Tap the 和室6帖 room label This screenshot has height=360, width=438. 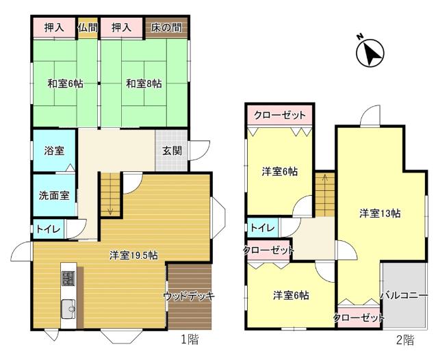point(65,84)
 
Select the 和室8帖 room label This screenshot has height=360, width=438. point(144,84)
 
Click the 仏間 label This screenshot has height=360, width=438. point(88,27)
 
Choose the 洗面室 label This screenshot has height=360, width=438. point(53,195)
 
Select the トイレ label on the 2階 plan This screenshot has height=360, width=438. point(262,228)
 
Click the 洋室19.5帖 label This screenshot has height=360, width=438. point(133,255)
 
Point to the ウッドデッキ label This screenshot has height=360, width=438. point(189,296)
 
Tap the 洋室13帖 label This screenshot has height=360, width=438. point(380,213)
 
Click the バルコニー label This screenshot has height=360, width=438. point(404,296)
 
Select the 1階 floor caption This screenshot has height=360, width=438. point(190,339)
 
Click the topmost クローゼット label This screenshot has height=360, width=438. point(279,115)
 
